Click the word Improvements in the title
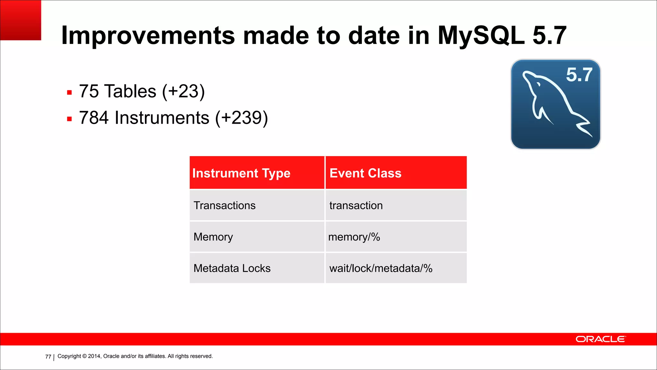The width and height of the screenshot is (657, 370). [148, 36]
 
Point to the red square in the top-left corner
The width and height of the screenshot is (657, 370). [21, 20]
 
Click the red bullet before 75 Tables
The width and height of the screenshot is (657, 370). [69, 93]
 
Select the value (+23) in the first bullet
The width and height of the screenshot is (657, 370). [183, 92]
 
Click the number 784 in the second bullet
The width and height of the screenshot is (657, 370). [94, 118]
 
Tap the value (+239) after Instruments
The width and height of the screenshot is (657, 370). [241, 118]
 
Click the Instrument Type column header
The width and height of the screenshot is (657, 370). [241, 173]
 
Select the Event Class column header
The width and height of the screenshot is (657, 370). [365, 173]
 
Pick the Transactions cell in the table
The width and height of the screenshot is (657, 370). [225, 205]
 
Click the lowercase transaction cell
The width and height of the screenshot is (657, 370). [356, 205]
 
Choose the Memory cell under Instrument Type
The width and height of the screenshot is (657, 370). [213, 237]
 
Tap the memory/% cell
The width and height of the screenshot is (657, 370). [354, 237]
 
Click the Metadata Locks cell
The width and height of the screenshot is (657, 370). [232, 268]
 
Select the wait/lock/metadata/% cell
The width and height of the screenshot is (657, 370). [381, 268]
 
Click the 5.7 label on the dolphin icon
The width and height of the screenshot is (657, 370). [579, 75]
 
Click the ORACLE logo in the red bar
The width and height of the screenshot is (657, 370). [600, 339]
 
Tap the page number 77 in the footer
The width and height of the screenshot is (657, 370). [48, 357]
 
